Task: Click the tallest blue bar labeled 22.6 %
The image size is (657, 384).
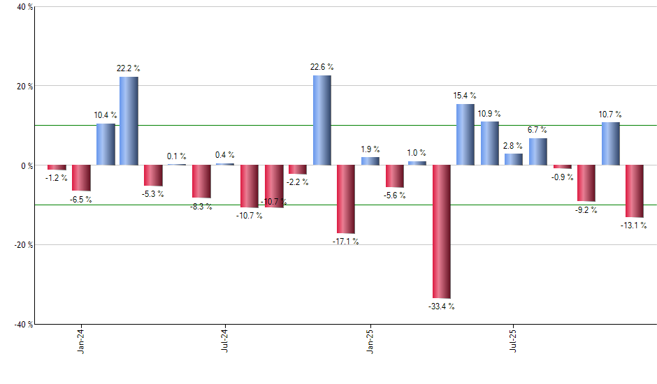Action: point(322,120)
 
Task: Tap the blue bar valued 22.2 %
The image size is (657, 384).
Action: point(129,121)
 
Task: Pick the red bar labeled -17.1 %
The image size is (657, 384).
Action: point(345,199)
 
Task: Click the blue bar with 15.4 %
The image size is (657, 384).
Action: point(465,134)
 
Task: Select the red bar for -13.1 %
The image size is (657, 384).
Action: point(634,191)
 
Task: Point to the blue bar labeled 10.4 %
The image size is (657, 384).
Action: point(106,145)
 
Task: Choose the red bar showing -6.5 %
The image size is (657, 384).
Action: point(82,178)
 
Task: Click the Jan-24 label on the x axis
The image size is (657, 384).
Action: point(82,340)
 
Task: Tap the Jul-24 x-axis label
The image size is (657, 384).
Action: point(225,340)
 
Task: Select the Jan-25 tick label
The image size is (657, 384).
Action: point(370,340)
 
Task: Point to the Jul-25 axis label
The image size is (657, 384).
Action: point(514,340)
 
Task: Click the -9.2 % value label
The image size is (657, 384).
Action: point(586,210)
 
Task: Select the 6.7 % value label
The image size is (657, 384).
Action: point(537,130)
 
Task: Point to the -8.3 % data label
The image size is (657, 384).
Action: point(201,207)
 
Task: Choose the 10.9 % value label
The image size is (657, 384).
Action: point(489,113)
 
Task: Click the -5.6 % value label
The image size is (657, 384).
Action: point(394,195)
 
